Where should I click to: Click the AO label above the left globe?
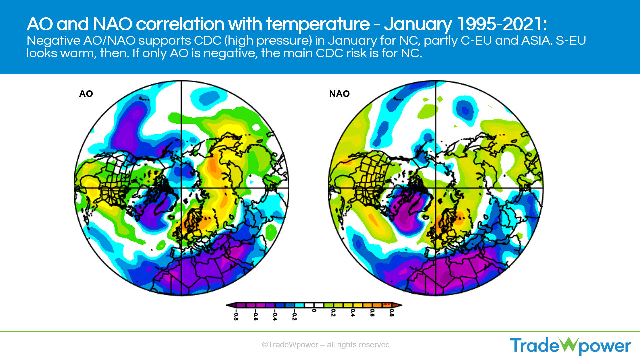(86, 94)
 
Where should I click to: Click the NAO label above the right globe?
(339, 94)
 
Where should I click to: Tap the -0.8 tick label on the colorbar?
(236, 315)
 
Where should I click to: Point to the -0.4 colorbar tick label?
(275, 315)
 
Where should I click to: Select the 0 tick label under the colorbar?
(314, 311)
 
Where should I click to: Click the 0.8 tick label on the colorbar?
(392, 313)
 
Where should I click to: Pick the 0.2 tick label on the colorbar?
(333, 313)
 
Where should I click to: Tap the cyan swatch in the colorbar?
(299, 305)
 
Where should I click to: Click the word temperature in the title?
(318, 24)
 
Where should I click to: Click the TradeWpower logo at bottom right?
(570, 346)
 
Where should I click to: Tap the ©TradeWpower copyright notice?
(326, 345)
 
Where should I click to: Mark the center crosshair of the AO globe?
(181, 188)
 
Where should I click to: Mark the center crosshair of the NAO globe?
(436, 188)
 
